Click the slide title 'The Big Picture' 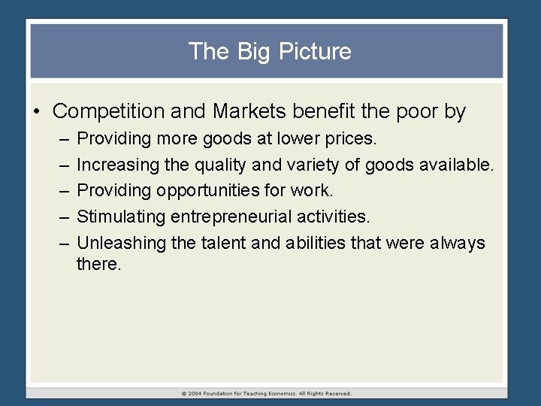tap(270, 51)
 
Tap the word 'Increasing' tap(114, 164)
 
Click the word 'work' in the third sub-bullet tap(315, 190)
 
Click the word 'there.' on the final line tap(98, 264)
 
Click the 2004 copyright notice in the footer tap(266, 392)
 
